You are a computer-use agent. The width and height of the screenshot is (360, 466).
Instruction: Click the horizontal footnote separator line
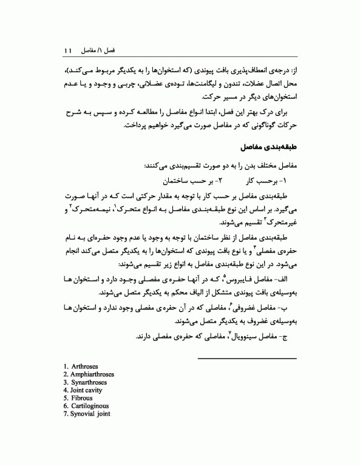[x=248, y=358]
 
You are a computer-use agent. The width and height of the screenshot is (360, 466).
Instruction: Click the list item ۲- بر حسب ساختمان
[x=193, y=181]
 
